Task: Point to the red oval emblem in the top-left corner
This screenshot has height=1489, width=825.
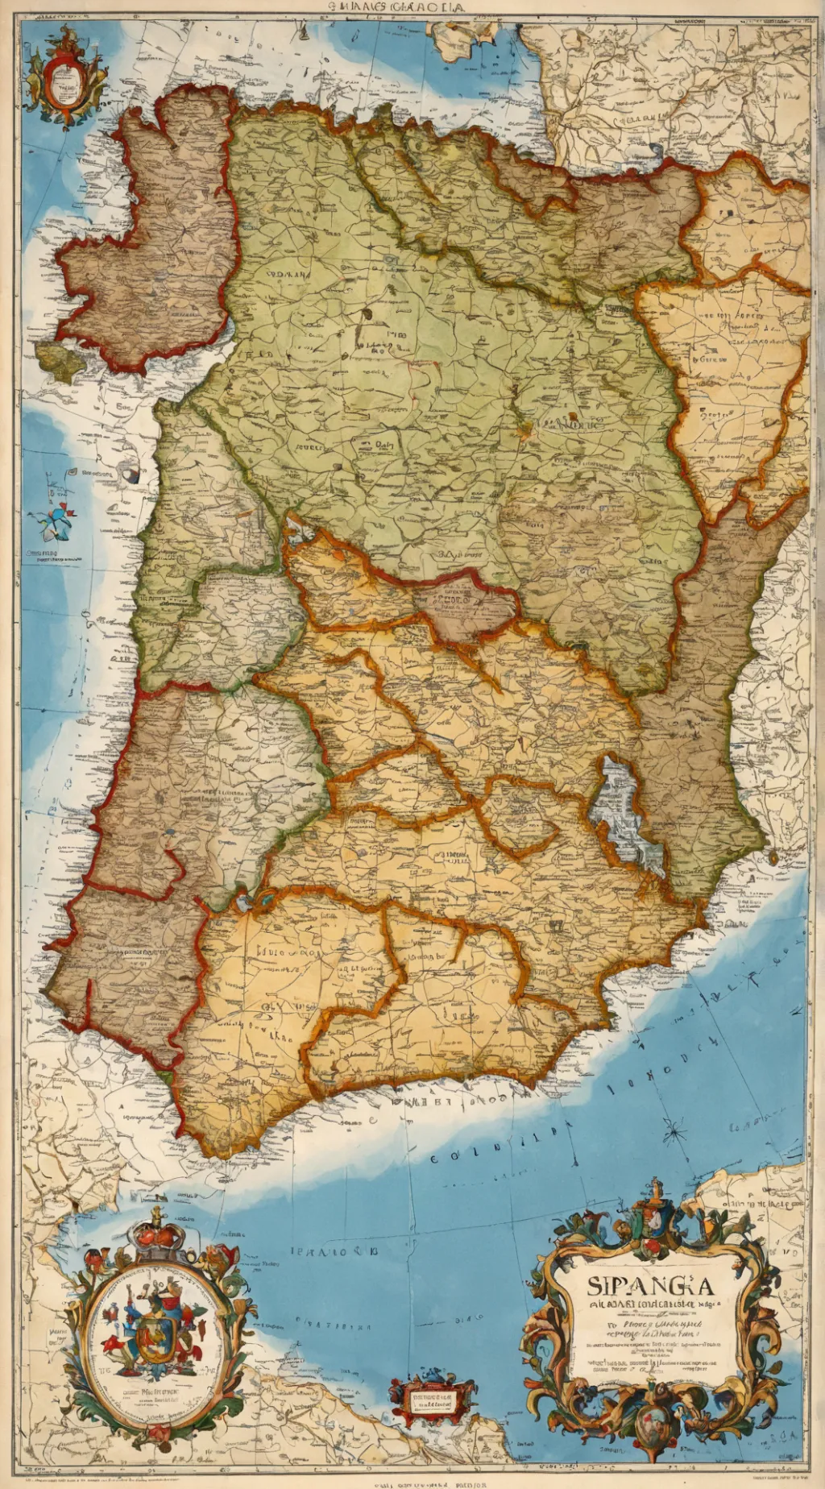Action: coord(64,78)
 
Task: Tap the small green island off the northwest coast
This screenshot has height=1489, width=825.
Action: coord(61,362)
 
